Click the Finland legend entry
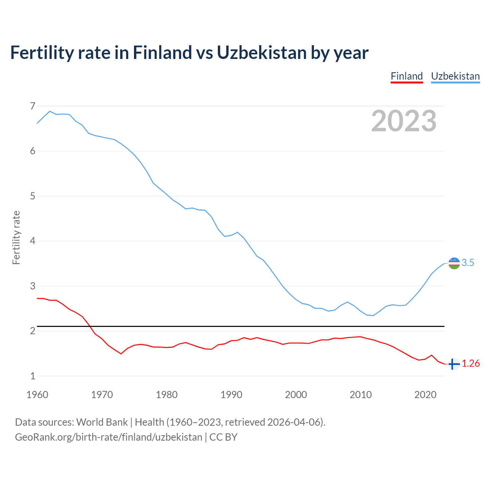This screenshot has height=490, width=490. point(407,76)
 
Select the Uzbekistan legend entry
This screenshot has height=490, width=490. point(455,76)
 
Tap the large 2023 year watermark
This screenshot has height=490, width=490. point(404,121)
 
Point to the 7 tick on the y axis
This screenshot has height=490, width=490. point(33,106)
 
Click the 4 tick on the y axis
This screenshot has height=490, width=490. point(33,241)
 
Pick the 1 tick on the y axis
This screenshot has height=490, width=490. point(33,376)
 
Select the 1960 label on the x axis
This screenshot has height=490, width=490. point(37,395)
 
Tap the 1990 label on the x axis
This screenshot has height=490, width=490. point(231,395)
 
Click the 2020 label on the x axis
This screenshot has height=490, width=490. point(425,395)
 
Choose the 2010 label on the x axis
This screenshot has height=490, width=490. point(361,395)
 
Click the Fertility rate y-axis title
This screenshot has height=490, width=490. point(16,237)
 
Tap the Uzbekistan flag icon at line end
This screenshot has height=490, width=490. point(454,263)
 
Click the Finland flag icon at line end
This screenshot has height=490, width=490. point(454,364)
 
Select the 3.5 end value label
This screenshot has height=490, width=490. point(468,263)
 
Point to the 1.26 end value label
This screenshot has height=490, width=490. point(470,364)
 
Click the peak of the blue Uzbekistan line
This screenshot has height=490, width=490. point(50,111)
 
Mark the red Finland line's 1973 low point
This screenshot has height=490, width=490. point(121,354)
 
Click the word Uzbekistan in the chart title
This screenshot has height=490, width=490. point(261,53)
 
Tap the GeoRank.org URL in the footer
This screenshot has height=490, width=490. point(108,437)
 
